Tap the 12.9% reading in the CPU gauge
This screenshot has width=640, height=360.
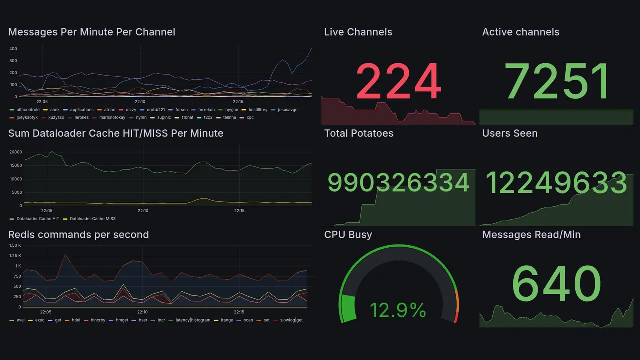[x=398, y=310]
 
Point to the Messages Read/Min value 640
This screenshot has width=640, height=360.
[x=556, y=284]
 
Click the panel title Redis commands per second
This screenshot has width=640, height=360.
[x=78, y=235]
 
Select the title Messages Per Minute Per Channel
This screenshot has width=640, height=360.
[x=92, y=32]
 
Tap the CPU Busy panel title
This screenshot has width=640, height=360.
[x=348, y=235]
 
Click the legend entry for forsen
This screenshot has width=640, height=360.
[x=181, y=110]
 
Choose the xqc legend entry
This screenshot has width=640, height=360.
[x=250, y=118]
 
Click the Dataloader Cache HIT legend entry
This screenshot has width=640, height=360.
[x=37, y=219]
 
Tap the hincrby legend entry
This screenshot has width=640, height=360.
[x=98, y=320]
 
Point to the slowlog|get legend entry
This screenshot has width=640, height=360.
[x=291, y=320]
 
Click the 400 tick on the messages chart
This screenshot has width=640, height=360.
[x=13, y=49]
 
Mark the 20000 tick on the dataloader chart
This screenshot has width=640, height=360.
[x=16, y=152]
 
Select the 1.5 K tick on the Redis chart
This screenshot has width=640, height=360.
[x=15, y=246]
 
